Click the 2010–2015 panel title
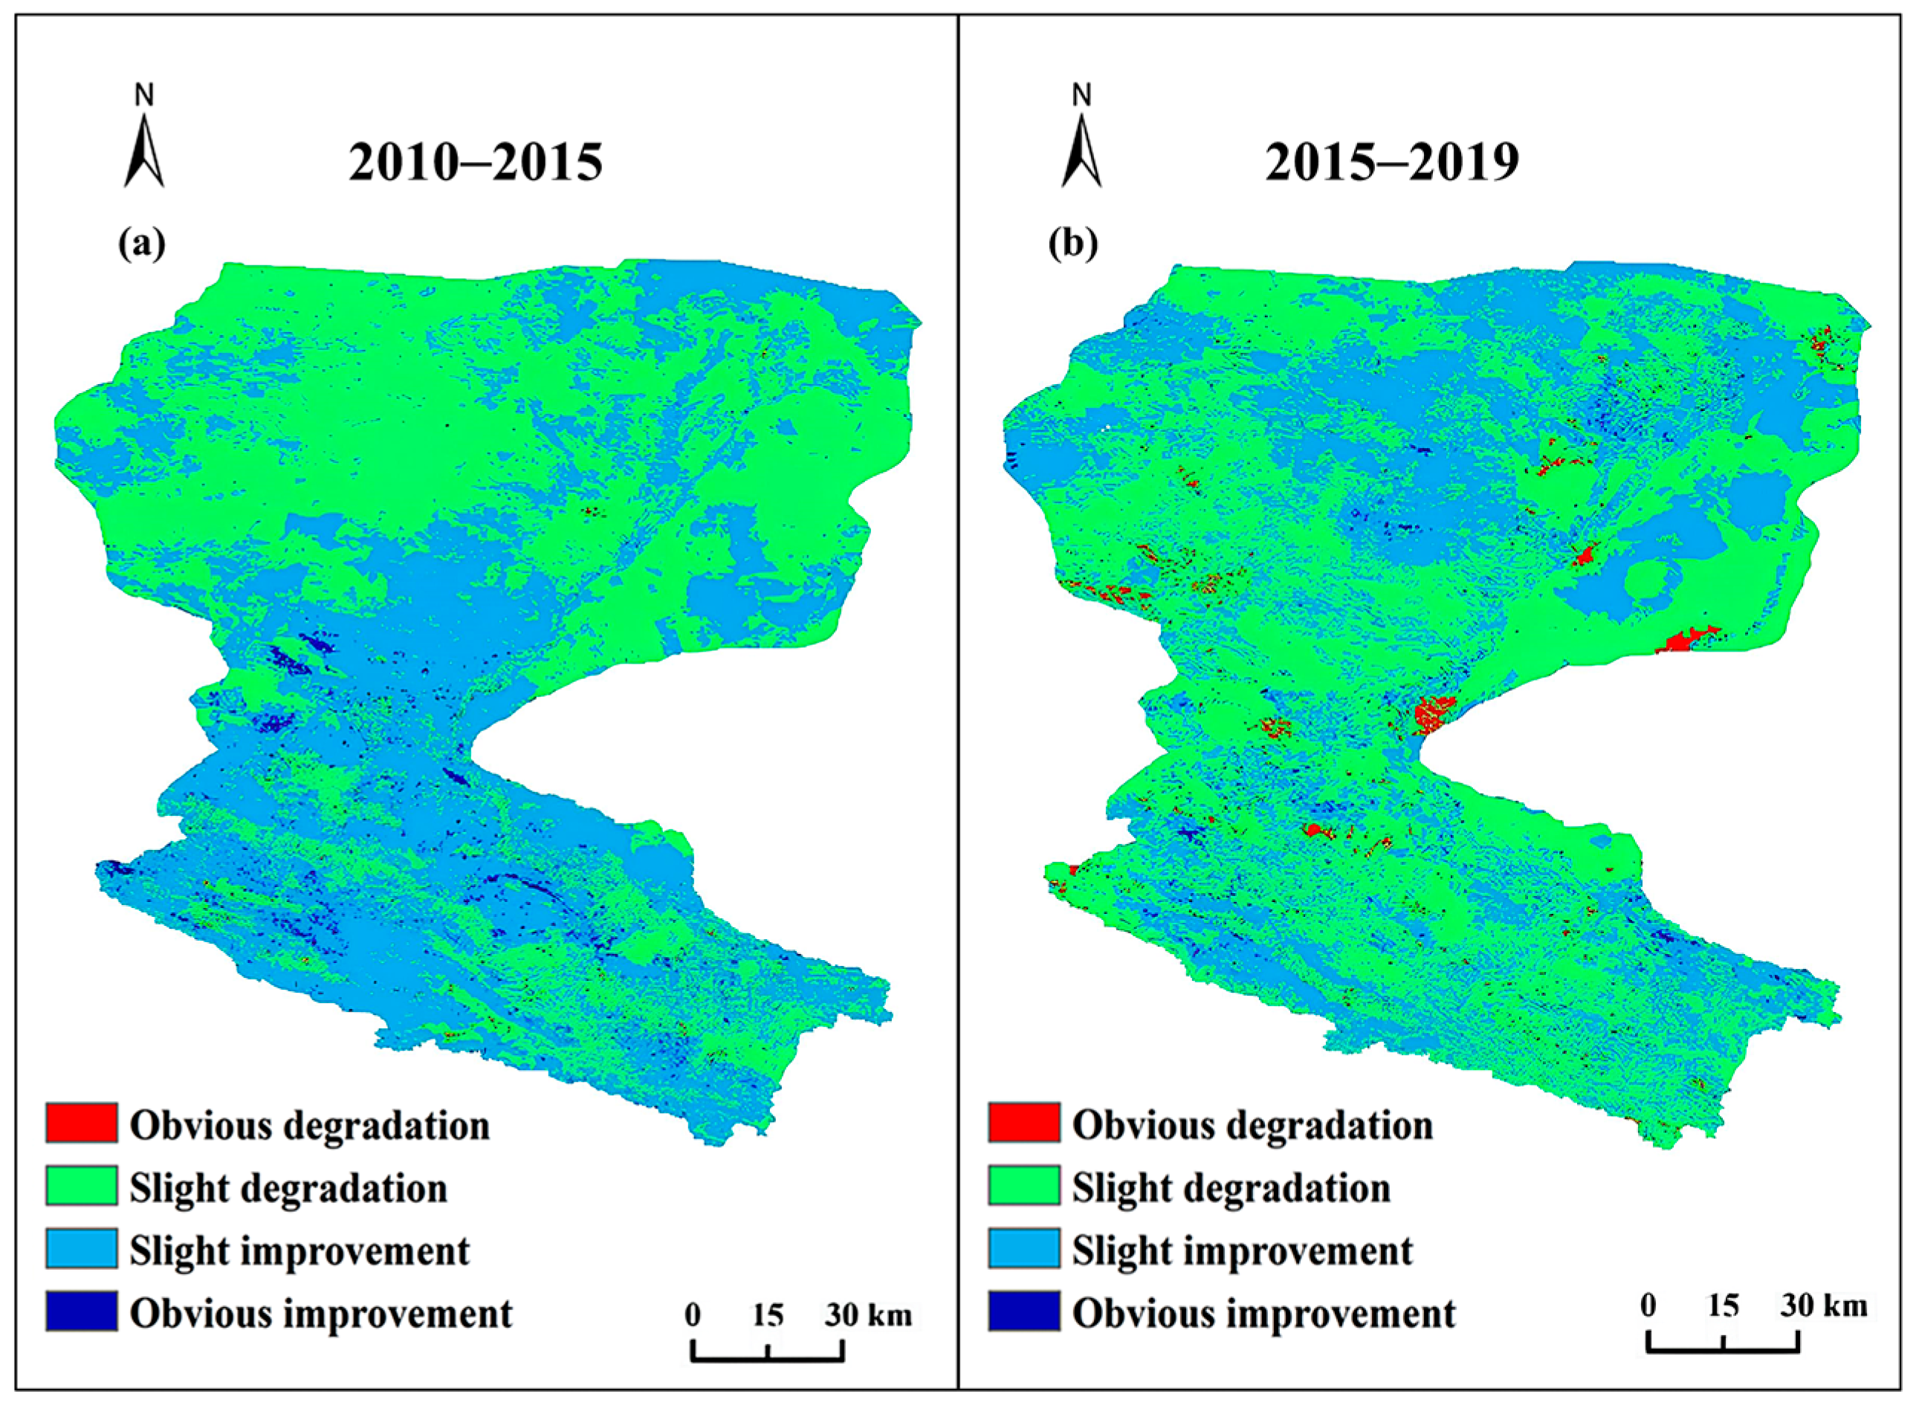click(x=475, y=162)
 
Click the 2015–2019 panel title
click(x=1391, y=162)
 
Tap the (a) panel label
click(x=142, y=244)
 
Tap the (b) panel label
click(x=1073, y=244)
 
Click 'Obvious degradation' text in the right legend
click(x=1252, y=1125)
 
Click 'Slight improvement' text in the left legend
click(x=300, y=1251)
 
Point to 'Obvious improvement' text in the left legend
click(x=321, y=1313)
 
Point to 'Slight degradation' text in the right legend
click(x=1231, y=1188)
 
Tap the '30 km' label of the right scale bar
click(x=1825, y=1305)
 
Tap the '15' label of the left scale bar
click(x=767, y=1314)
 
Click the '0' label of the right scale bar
click(x=1648, y=1305)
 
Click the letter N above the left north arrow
click(x=144, y=96)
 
